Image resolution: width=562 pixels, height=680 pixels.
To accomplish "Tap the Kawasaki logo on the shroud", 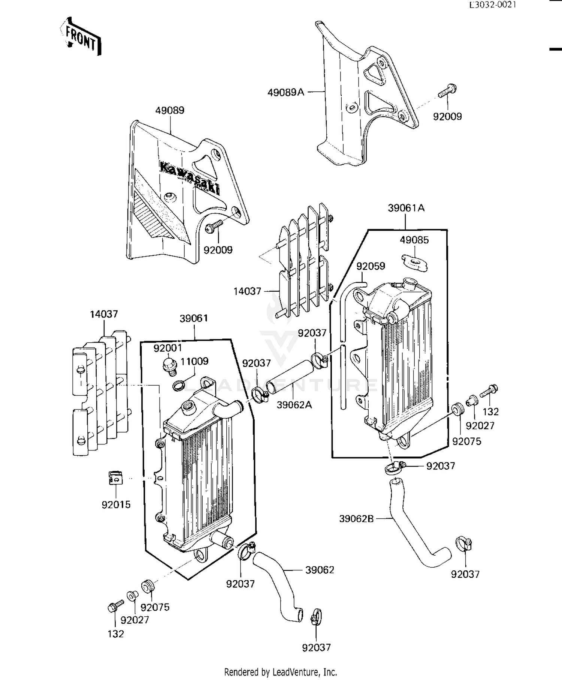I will pyautogui.click(x=190, y=177).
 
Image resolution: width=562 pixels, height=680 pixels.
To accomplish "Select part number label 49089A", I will pyautogui.click(x=285, y=92).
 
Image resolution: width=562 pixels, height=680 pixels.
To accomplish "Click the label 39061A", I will pyautogui.click(x=406, y=208).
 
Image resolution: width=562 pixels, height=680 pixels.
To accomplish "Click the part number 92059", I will pyautogui.click(x=371, y=266).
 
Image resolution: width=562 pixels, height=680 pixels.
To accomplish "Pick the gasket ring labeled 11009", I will pyautogui.click(x=180, y=385).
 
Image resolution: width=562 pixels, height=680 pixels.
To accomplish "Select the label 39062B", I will pyautogui.click(x=356, y=519).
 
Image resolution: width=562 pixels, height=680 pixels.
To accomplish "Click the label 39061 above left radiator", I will pyautogui.click(x=194, y=318).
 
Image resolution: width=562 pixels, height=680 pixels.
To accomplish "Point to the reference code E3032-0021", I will pyautogui.click(x=493, y=4).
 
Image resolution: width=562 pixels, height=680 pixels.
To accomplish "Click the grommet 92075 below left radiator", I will pyautogui.click(x=147, y=585).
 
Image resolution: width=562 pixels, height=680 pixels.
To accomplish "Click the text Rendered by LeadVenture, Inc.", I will pyautogui.click(x=280, y=672).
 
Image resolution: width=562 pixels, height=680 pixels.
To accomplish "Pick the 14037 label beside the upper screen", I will pyautogui.click(x=247, y=291).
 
